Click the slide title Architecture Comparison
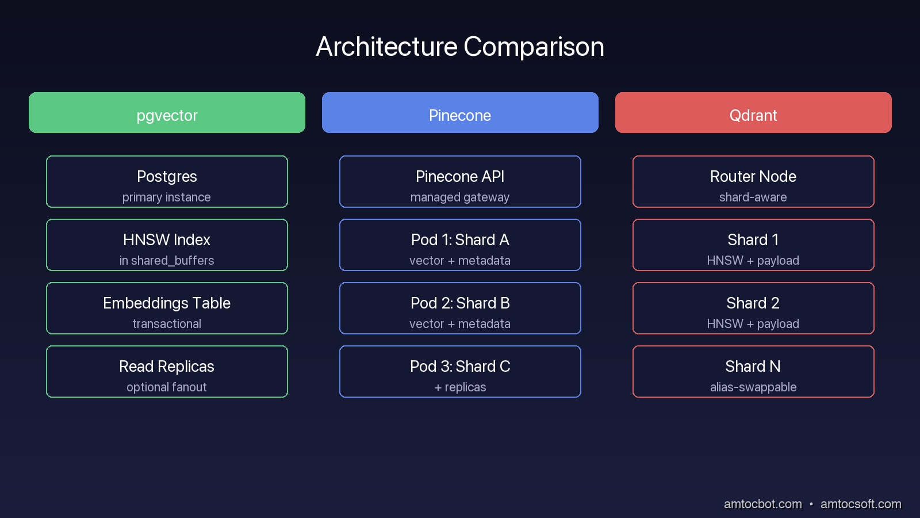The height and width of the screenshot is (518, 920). point(460,47)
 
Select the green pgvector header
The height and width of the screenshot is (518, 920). point(167,113)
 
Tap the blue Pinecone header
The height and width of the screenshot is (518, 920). point(460,113)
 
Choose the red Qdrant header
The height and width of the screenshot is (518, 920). point(753,113)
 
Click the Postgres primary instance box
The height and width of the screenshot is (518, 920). point(167,182)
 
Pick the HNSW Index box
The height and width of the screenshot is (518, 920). point(167,245)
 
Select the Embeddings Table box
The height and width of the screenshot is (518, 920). point(167,308)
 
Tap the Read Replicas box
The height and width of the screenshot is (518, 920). point(167,372)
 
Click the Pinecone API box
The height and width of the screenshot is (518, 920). point(460,182)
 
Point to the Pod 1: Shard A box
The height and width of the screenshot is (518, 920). point(460,245)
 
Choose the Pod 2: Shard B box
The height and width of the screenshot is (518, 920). point(460,308)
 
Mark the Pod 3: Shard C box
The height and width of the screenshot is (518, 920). point(460,372)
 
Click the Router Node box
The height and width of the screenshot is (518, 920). point(753,182)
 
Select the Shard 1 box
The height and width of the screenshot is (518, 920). point(753,245)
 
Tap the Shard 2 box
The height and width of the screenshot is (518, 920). point(753,308)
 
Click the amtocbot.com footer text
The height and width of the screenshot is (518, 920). point(762,504)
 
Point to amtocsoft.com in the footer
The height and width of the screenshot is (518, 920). point(861,504)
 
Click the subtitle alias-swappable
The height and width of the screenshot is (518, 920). point(753,387)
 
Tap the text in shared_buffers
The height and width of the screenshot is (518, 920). point(167,261)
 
